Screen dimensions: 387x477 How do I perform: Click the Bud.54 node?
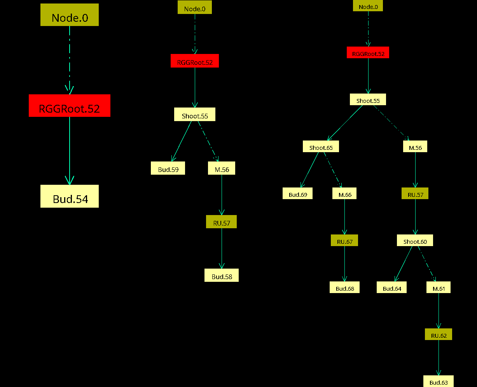tap(70, 196)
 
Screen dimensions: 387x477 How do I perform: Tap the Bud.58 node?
tap(222, 275)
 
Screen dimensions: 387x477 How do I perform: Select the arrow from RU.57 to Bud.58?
tap(222, 248)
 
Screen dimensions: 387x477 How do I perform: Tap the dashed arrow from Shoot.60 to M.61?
tap(427, 264)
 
